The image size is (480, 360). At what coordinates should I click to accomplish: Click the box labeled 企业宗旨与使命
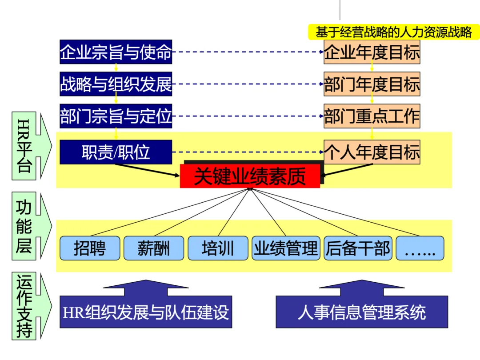[x=116, y=52]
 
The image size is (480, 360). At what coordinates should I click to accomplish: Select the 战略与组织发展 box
[x=116, y=84]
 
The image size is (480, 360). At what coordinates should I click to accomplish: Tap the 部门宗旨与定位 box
[x=116, y=116]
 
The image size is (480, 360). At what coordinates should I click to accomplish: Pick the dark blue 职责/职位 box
[x=116, y=152]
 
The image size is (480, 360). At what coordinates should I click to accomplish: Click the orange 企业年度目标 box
[x=372, y=52]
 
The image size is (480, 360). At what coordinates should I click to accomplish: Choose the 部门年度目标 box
[x=372, y=84]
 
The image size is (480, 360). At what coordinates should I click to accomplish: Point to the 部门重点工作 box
[x=372, y=116]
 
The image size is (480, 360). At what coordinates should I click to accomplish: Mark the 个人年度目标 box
[x=372, y=152]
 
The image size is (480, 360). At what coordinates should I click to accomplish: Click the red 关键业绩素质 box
[x=250, y=176]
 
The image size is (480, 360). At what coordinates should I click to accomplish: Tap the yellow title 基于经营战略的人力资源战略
[x=394, y=32]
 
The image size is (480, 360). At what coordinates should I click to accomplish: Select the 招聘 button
[x=90, y=248]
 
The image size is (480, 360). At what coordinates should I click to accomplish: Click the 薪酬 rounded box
[x=153, y=248]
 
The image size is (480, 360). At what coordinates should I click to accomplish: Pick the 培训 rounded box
[x=218, y=248]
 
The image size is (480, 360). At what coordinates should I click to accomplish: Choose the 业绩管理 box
[x=286, y=248]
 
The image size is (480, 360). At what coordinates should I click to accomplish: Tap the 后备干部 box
[x=357, y=248]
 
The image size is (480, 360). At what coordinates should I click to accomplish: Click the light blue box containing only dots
[x=420, y=248]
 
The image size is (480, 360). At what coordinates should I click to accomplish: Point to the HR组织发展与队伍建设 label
[x=146, y=312]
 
